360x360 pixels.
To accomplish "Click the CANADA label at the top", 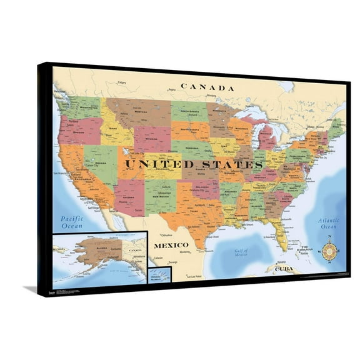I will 207,87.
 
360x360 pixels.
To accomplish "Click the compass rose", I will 329,251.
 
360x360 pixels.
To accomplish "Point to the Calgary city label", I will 121,82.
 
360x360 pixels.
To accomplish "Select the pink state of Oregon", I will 79,130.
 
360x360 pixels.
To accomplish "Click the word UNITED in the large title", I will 157,164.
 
